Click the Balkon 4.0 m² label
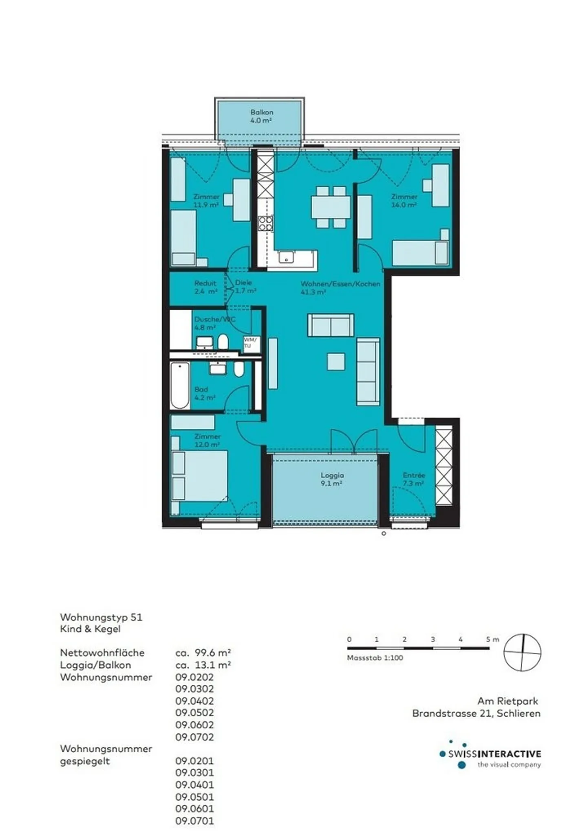point(261,116)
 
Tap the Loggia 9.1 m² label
point(331,479)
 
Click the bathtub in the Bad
point(180,385)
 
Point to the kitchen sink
point(287,257)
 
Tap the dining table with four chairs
point(331,207)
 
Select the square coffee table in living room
point(336,362)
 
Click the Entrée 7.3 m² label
point(413,479)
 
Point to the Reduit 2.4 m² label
point(205,287)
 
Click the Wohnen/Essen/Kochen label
point(340,284)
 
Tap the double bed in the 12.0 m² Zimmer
point(202,476)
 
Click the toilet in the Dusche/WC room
point(223,342)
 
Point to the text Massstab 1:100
point(375,657)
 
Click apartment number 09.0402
point(194,701)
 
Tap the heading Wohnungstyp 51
point(101,617)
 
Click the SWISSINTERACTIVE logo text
point(494,754)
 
